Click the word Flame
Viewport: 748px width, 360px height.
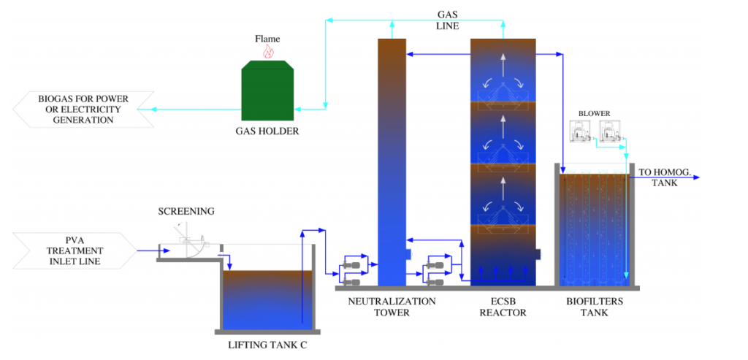[267, 39]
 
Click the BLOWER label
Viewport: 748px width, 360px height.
[594, 114]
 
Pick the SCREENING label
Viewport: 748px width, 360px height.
[186, 211]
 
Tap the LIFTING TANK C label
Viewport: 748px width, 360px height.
[268, 344]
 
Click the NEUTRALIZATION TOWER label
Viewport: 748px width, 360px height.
[392, 307]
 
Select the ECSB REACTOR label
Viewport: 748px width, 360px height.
[503, 307]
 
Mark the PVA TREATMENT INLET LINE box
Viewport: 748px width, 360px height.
[75, 250]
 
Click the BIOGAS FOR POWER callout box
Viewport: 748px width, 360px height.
[83, 110]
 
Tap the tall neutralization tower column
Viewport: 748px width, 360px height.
[392, 162]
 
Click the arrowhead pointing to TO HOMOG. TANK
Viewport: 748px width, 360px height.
[696, 177]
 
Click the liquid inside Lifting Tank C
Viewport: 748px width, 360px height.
[268, 300]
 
